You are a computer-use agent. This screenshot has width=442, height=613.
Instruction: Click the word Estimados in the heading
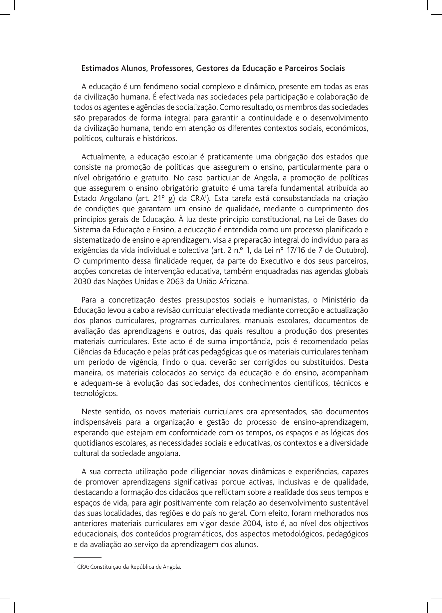pos(96,69)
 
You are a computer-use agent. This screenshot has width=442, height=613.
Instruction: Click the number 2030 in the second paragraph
pos(82,282)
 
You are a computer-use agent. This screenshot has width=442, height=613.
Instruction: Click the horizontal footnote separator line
pos(87,557)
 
